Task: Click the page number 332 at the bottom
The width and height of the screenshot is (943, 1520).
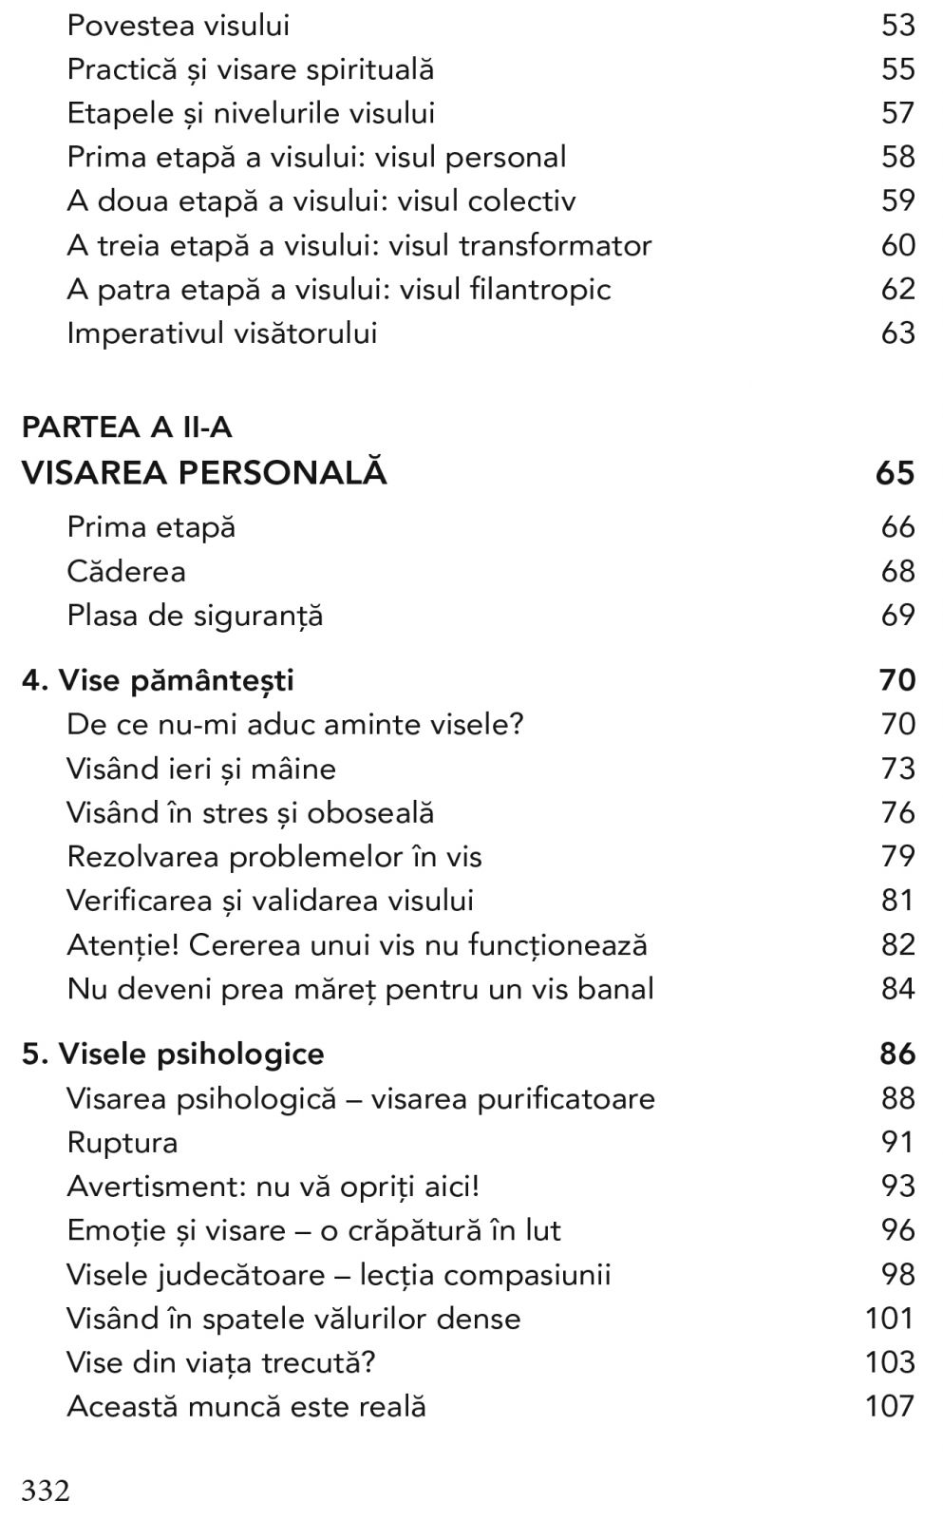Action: coord(46,1490)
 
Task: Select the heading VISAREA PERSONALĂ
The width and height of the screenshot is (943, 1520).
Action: coord(204,473)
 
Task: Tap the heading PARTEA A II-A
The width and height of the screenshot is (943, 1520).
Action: coord(126,427)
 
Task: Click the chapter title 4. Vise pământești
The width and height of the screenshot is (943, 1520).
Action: coord(158,680)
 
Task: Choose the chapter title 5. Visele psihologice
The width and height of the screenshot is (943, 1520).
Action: coord(173,1054)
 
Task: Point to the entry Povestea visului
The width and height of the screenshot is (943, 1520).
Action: coord(178,25)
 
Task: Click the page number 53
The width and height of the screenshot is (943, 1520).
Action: coord(897,25)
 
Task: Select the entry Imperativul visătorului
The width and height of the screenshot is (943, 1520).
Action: coord(221,332)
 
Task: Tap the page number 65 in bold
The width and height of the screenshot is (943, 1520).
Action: coord(895,473)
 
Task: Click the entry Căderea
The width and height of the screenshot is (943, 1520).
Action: coord(126,571)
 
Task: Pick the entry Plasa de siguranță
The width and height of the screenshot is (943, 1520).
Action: coord(195,616)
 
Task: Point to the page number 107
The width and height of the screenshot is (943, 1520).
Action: coord(890,1406)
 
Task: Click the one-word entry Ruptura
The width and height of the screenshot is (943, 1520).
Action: coord(123,1142)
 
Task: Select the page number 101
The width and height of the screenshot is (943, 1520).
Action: coord(890,1318)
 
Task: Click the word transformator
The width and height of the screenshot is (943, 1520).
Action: coord(556,245)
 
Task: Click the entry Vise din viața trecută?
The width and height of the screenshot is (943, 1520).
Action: coord(221,1362)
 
